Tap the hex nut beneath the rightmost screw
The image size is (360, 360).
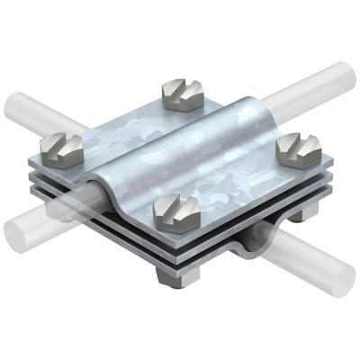point(306,237)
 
